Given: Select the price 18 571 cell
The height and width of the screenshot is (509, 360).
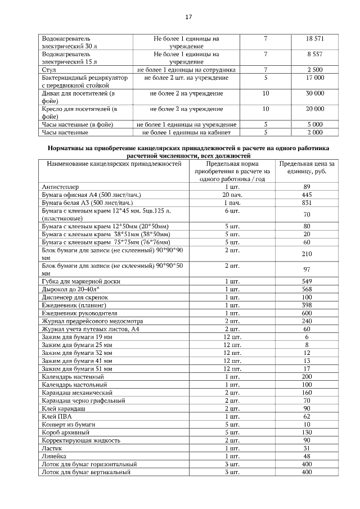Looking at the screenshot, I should click(x=315, y=38).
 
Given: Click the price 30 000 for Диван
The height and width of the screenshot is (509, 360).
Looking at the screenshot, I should click(x=315, y=93).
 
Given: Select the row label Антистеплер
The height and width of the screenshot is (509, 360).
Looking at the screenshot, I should click(x=60, y=186).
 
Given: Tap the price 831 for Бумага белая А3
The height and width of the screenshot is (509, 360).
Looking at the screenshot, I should click(x=307, y=202).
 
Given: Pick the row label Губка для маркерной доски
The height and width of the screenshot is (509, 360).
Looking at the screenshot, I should click(x=80, y=281).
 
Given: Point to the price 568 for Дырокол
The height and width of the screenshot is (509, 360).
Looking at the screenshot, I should click(x=307, y=289).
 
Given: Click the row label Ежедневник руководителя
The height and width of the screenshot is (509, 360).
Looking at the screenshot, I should click(x=79, y=312).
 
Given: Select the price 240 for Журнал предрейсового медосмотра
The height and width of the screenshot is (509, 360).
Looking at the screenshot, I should click(x=307, y=320).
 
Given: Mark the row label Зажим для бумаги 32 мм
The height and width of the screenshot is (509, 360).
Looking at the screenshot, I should click(x=76, y=352).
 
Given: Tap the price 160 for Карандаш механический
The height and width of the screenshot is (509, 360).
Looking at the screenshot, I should click(x=307, y=392).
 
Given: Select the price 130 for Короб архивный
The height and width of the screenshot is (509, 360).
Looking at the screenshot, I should click(x=307, y=432).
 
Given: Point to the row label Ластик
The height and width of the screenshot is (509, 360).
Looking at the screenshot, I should click(x=51, y=448).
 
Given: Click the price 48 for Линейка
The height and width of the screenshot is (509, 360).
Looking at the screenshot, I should click(x=307, y=456).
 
